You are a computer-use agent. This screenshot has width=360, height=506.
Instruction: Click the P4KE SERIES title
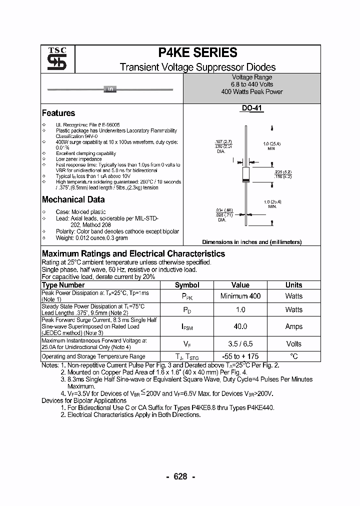point(197,53)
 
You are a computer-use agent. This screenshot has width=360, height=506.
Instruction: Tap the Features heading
point(58,113)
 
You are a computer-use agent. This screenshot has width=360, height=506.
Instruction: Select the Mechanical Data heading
point(73,199)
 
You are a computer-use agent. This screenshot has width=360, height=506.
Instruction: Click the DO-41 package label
point(252,108)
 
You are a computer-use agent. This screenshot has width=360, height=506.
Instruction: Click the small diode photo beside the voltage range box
point(109,89)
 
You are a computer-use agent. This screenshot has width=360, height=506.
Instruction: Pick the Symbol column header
point(187,285)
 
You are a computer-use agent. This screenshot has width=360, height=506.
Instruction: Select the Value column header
point(240,285)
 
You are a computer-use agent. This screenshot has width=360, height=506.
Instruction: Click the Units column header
point(294,285)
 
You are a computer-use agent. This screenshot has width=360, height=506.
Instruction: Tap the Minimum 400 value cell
point(240,296)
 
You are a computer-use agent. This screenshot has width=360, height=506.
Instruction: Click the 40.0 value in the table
point(240,326)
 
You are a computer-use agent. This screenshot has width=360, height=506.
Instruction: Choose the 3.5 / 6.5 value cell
point(240,344)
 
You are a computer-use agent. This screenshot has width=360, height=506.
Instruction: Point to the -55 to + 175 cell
point(240,356)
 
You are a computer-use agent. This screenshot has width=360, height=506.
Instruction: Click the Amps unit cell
point(294,326)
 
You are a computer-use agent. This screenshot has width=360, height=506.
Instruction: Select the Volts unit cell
point(294,344)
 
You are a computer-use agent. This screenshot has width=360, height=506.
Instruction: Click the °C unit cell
point(294,356)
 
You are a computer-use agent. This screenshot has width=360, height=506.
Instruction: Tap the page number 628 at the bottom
point(180,476)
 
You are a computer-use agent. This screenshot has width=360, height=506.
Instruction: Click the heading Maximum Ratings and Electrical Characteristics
point(133,254)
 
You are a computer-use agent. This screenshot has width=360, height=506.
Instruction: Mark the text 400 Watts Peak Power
point(252,92)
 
